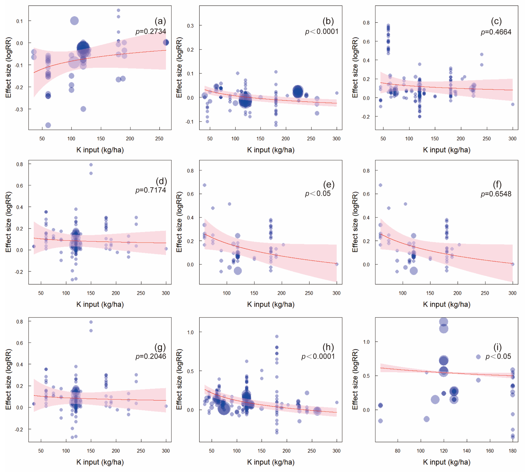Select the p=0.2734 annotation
click(x=151, y=31)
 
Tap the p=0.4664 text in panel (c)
click(x=496, y=32)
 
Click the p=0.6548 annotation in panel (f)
click(x=496, y=194)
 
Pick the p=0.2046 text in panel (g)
click(x=151, y=356)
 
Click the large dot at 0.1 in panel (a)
click(x=74, y=21)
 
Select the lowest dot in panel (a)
click(x=48, y=125)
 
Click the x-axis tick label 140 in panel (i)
click(x=467, y=451)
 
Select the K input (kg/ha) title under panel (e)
click(x=271, y=304)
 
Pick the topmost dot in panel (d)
click(x=91, y=165)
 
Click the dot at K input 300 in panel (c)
click(x=513, y=104)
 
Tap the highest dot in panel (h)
click(x=277, y=336)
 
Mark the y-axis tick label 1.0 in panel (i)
click(x=366, y=342)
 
